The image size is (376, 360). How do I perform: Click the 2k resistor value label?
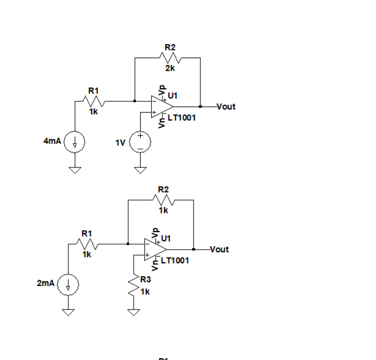click(170, 68)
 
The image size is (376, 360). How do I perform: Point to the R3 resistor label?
click(145, 280)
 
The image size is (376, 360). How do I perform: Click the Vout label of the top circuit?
click(225, 107)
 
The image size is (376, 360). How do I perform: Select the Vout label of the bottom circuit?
click(219, 250)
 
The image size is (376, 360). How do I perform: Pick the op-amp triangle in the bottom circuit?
click(154, 250)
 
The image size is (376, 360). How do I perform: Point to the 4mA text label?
click(53, 141)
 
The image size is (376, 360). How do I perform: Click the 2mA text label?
click(46, 284)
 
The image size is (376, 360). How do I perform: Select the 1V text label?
click(121, 142)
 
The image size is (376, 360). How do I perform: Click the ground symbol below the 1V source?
click(140, 170)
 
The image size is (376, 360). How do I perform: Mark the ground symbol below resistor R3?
click(133, 312)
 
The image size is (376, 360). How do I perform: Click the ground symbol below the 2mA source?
click(68, 312)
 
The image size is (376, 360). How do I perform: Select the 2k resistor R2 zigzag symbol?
click(170, 57)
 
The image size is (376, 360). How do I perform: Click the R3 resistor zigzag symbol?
click(133, 288)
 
